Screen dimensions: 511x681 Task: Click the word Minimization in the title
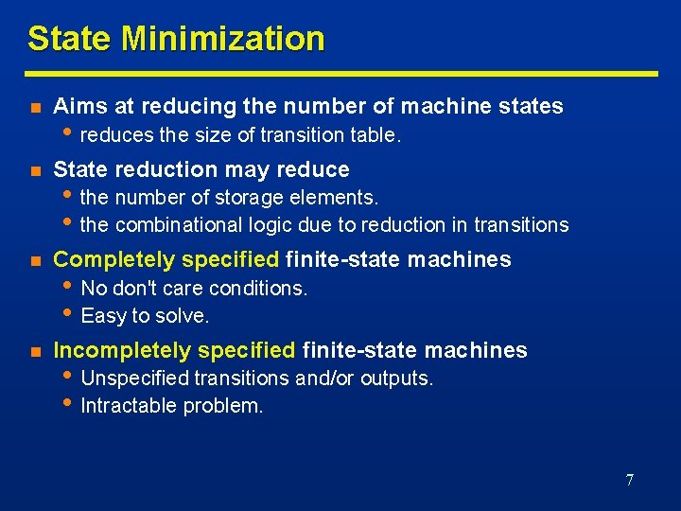tap(222, 39)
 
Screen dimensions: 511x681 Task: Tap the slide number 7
tap(629, 480)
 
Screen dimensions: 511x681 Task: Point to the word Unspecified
tap(135, 379)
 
